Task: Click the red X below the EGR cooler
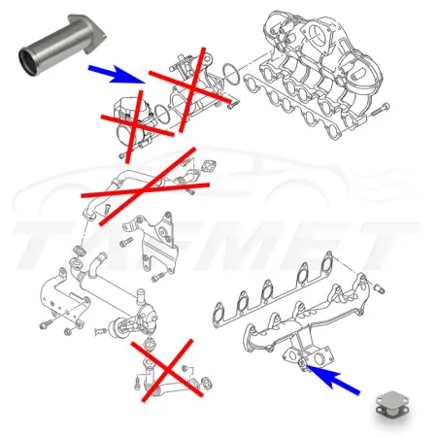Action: pyautogui.click(x=166, y=370)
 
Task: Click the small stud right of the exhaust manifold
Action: pyautogui.click(x=382, y=288)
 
